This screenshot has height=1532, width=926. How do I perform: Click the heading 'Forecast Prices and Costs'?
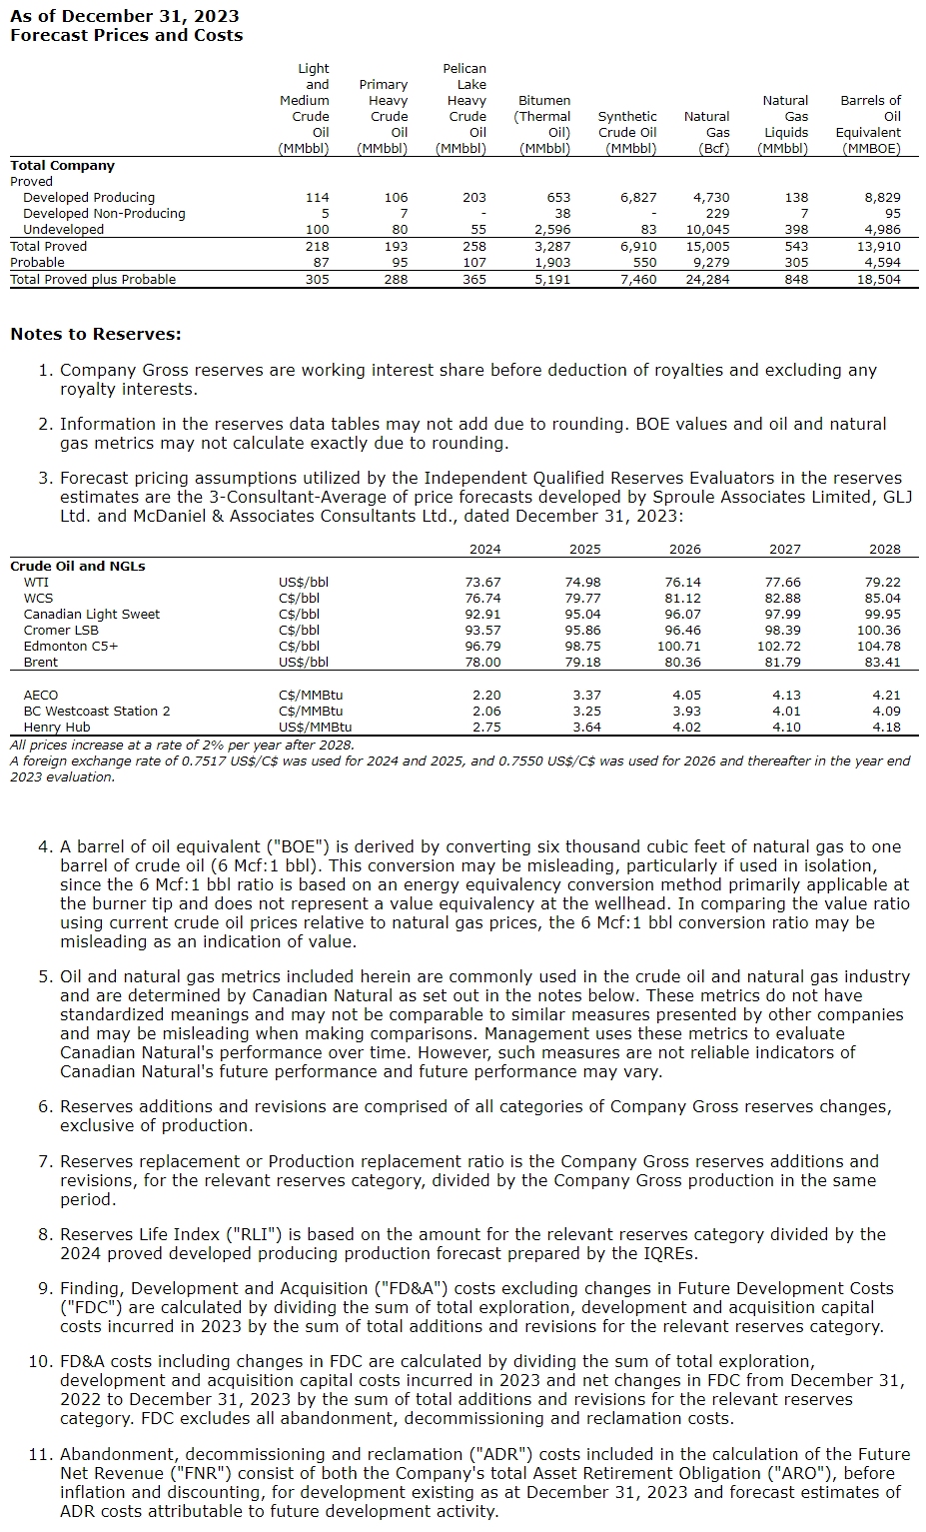point(126,35)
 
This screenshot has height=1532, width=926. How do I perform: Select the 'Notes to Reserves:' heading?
point(96,334)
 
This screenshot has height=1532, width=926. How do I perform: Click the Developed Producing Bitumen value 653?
point(558,198)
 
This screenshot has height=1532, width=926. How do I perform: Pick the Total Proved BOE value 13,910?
point(878,247)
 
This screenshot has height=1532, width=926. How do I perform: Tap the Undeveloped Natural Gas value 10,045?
point(707,230)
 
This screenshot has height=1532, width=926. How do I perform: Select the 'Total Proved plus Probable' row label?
point(93,280)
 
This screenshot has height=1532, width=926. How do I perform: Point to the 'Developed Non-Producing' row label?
point(104,214)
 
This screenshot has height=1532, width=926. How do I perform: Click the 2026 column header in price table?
point(684,550)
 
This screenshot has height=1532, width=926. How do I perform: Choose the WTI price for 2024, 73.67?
point(482,583)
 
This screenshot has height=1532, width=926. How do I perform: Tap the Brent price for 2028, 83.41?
point(882,663)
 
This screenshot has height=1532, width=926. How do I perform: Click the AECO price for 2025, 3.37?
point(586,696)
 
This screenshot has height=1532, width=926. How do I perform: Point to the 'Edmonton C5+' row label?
point(71,647)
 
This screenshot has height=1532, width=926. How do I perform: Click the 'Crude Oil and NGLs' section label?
point(78,567)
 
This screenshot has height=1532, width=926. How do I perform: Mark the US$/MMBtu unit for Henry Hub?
point(315,728)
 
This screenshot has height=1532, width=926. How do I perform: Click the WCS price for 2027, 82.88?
point(782,599)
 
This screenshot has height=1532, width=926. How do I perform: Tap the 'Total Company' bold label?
point(62,166)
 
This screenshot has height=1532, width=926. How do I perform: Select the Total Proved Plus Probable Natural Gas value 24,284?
point(707,280)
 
